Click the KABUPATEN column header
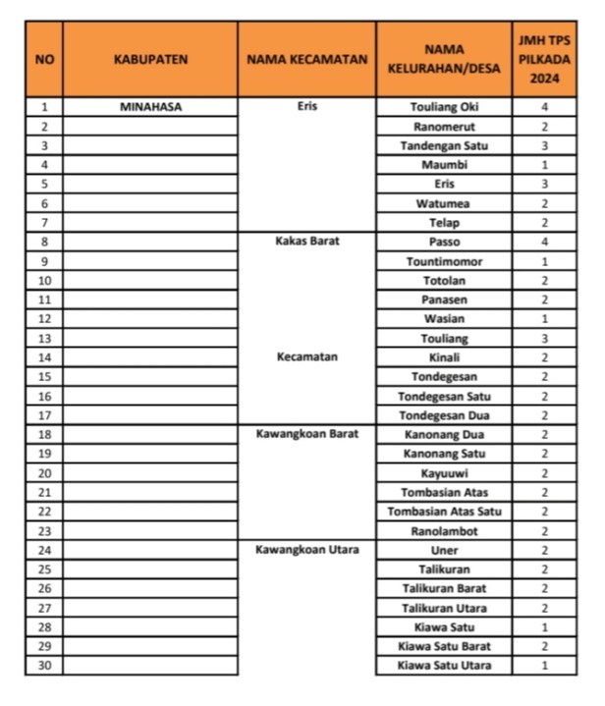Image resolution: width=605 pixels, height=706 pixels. coord(149,59)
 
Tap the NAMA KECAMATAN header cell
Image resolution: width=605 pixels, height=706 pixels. coord(306,59)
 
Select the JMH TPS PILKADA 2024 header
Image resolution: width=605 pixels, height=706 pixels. coord(544,59)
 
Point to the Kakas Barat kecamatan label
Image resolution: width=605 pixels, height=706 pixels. coord(306,241)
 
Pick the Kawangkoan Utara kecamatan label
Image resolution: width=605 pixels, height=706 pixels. coord(306,550)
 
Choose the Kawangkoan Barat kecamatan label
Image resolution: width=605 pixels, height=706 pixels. coord(306,433)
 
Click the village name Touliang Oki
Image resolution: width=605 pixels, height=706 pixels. coord(443,106)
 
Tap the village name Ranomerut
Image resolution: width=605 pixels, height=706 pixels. coord(443,126)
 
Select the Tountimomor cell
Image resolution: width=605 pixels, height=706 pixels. coord(443,261)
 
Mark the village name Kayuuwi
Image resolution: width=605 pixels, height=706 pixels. coord(443,472)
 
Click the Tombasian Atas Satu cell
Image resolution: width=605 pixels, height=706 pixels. coord(443,511)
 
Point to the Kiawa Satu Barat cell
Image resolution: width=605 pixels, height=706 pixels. coord(443,646)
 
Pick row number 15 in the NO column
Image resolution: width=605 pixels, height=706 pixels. coord(44,376)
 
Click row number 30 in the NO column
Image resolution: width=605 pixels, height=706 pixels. coord(44,666)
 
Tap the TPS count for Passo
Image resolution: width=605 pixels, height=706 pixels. coord(544,242)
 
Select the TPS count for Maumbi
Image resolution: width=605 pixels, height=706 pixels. coord(544,165)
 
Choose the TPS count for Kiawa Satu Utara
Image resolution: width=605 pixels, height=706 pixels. coord(544,666)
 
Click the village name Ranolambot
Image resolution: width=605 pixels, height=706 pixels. coord(443,530)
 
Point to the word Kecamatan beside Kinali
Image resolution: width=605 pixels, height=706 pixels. coord(306,356)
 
